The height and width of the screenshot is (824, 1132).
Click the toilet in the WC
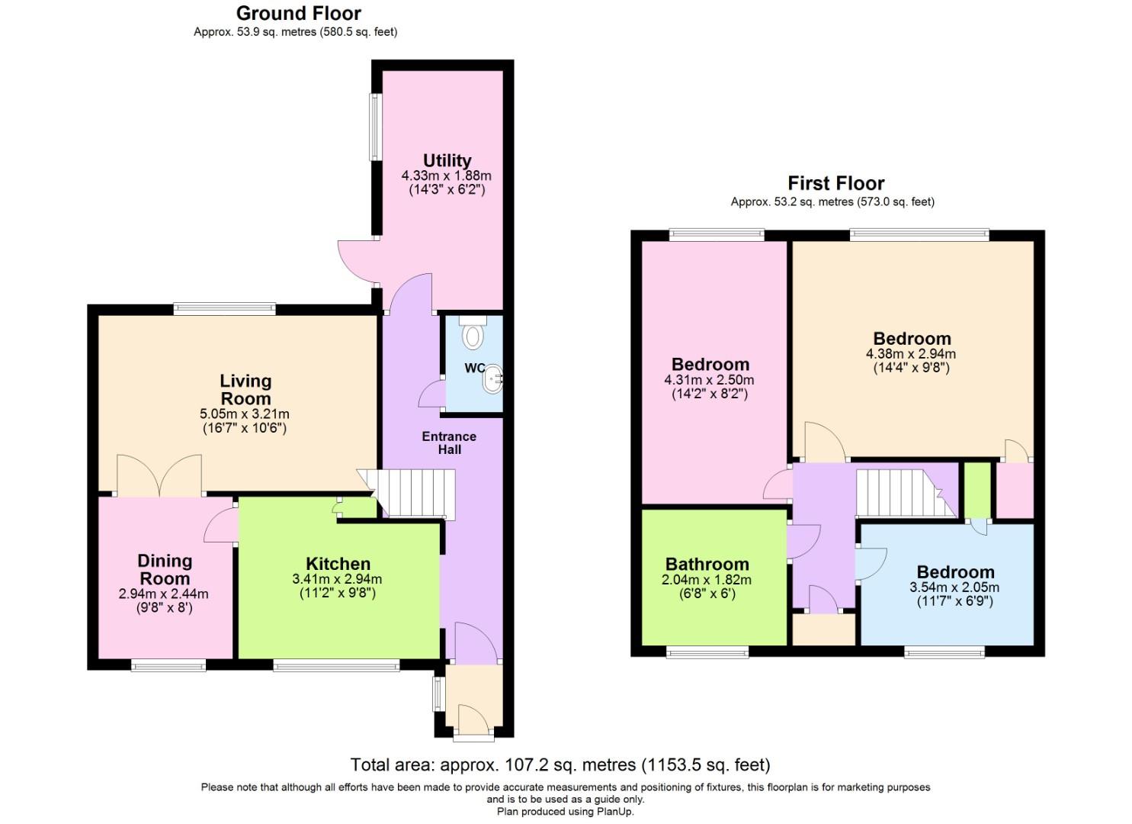(x=473, y=333)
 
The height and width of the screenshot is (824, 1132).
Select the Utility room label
(x=447, y=160)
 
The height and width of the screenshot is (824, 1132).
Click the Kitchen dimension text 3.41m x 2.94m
(x=337, y=579)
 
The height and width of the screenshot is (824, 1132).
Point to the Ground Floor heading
(x=298, y=13)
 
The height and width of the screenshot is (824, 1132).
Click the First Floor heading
(x=835, y=183)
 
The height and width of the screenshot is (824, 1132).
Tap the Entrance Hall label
(x=449, y=443)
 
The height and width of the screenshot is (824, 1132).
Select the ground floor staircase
(x=412, y=493)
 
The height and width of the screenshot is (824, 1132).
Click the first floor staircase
(x=903, y=493)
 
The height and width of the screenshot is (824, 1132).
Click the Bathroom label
(x=707, y=564)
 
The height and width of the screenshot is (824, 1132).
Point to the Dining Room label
(x=165, y=569)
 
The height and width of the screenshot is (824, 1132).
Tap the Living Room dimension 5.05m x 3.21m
(x=245, y=414)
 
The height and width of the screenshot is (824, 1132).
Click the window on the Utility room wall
(x=375, y=127)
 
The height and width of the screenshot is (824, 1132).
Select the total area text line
(x=560, y=764)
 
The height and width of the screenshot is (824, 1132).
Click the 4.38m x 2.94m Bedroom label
(x=912, y=339)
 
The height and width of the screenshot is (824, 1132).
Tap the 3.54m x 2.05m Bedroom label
(x=955, y=572)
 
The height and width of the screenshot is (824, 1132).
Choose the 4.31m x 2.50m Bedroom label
(x=710, y=364)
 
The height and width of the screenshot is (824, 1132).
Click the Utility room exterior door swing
(x=354, y=261)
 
